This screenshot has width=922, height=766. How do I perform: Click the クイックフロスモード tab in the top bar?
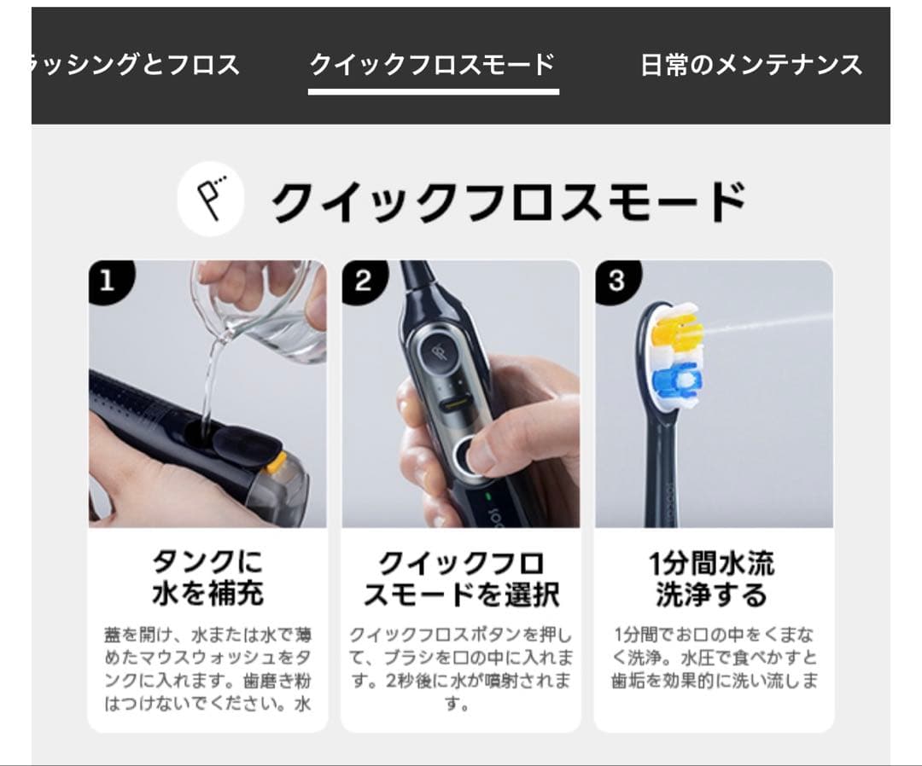click(x=432, y=65)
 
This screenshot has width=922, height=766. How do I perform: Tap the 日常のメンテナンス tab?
click(x=751, y=65)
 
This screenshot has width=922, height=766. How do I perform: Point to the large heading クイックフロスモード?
click(x=509, y=202)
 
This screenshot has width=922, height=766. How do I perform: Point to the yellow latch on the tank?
click(x=276, y=463)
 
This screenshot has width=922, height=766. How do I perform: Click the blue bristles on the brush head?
click(x=677, y=379)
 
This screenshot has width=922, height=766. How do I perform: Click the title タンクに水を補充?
click(x=207, y=578)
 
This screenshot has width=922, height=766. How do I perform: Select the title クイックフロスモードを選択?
click(x=461, y=578)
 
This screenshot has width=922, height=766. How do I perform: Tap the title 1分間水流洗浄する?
click(x=712, y=578)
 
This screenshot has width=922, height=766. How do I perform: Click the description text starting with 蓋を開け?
click(x=207, y=669)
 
